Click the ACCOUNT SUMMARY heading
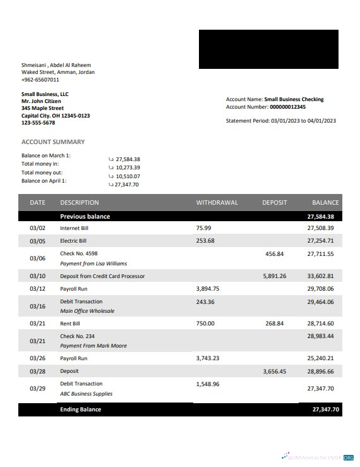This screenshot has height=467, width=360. tap(53, 142)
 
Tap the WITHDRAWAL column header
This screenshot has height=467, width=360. tap(217, 203)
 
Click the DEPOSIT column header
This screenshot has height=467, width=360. tap(275, 203)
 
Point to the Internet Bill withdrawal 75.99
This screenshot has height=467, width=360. tap(204, 227)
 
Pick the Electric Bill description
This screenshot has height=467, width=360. tap(73, 241)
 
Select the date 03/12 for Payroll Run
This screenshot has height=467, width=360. tap(37, 289)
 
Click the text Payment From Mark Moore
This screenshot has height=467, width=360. tap(93, 346)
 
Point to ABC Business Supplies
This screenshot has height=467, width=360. tap(86, 394)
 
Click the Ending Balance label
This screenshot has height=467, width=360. tap(80, 409)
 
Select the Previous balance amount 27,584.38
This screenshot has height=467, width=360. tap(320, 217)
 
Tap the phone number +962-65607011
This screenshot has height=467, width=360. tap(40, 80)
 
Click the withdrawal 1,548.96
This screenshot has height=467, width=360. tap(208, 384)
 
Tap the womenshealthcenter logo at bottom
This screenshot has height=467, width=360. tap(318, 456)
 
